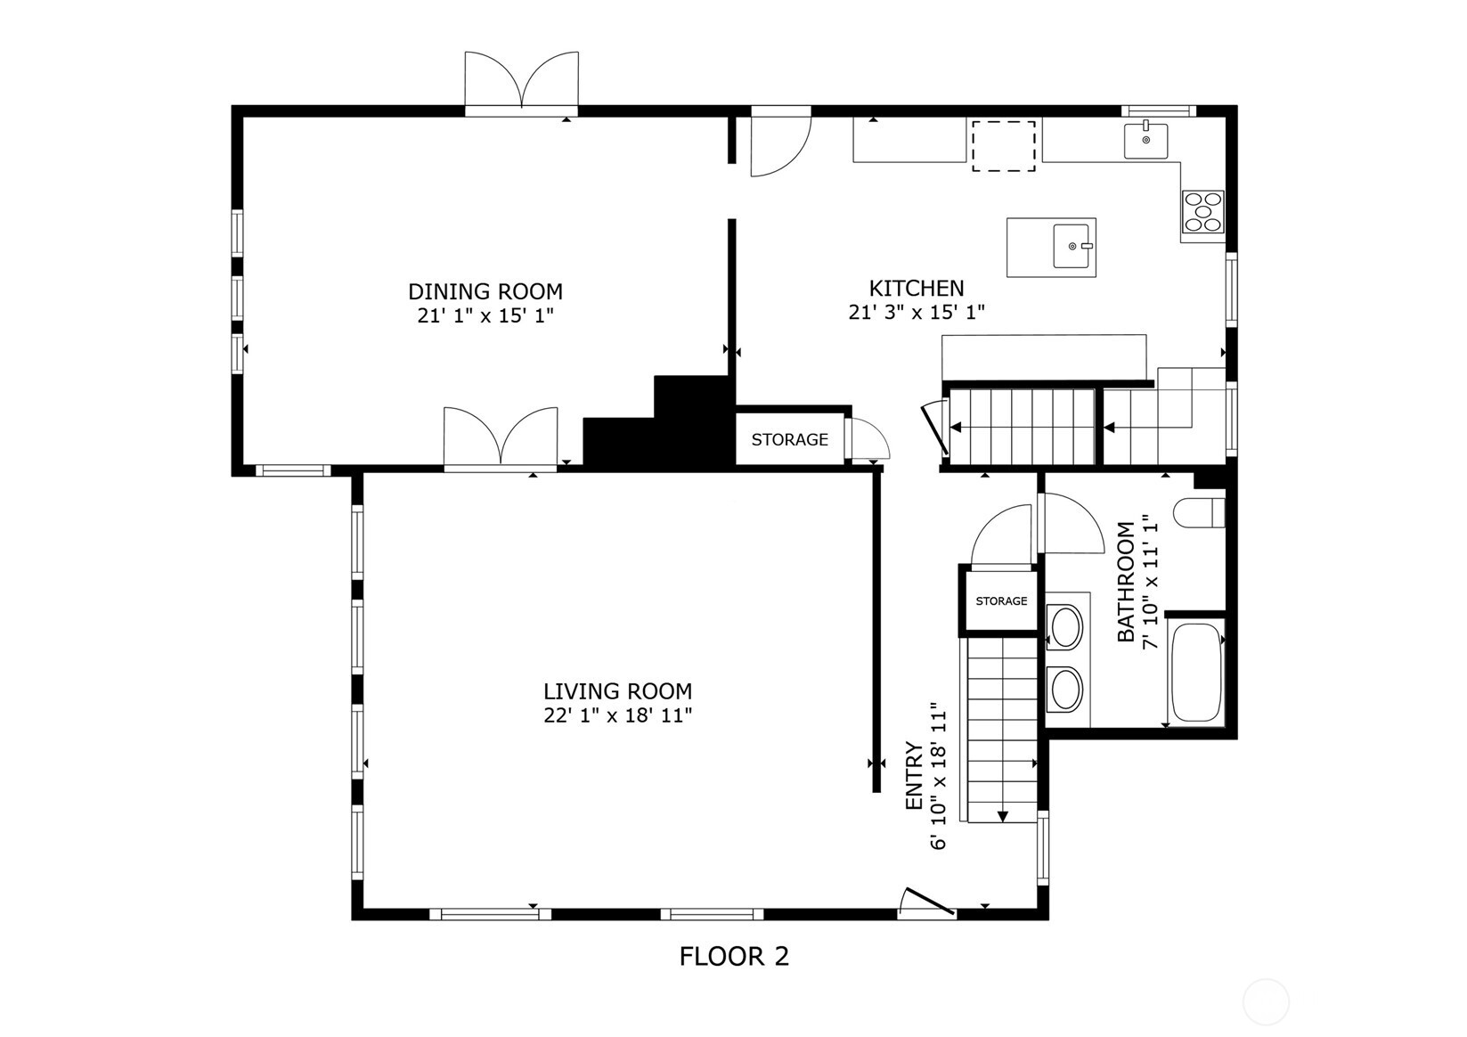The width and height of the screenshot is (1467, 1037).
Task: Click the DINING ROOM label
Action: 485,291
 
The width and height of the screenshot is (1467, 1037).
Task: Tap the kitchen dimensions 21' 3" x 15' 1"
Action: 916,313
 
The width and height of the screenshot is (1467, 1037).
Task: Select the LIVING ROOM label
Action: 617,691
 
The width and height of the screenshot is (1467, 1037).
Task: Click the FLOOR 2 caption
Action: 734,957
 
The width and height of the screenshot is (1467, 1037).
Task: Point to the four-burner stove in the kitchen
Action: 1202,212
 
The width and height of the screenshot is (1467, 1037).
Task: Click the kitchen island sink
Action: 1072,246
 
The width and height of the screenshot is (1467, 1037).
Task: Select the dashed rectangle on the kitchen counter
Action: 1003,146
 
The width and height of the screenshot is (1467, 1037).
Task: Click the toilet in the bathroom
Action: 1199,514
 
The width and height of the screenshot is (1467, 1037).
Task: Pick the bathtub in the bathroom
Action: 1195,673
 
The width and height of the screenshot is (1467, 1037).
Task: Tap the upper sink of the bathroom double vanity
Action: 1065,626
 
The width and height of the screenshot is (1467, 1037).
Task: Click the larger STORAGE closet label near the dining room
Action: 789,440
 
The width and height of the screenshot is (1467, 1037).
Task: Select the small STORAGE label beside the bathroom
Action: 1001,601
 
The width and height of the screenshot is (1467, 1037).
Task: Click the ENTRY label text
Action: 913,776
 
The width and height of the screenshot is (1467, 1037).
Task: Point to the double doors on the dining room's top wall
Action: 521,84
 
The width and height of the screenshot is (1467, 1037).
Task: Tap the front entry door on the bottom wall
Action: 925,902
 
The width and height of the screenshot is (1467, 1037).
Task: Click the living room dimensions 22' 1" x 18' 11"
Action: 617,715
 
